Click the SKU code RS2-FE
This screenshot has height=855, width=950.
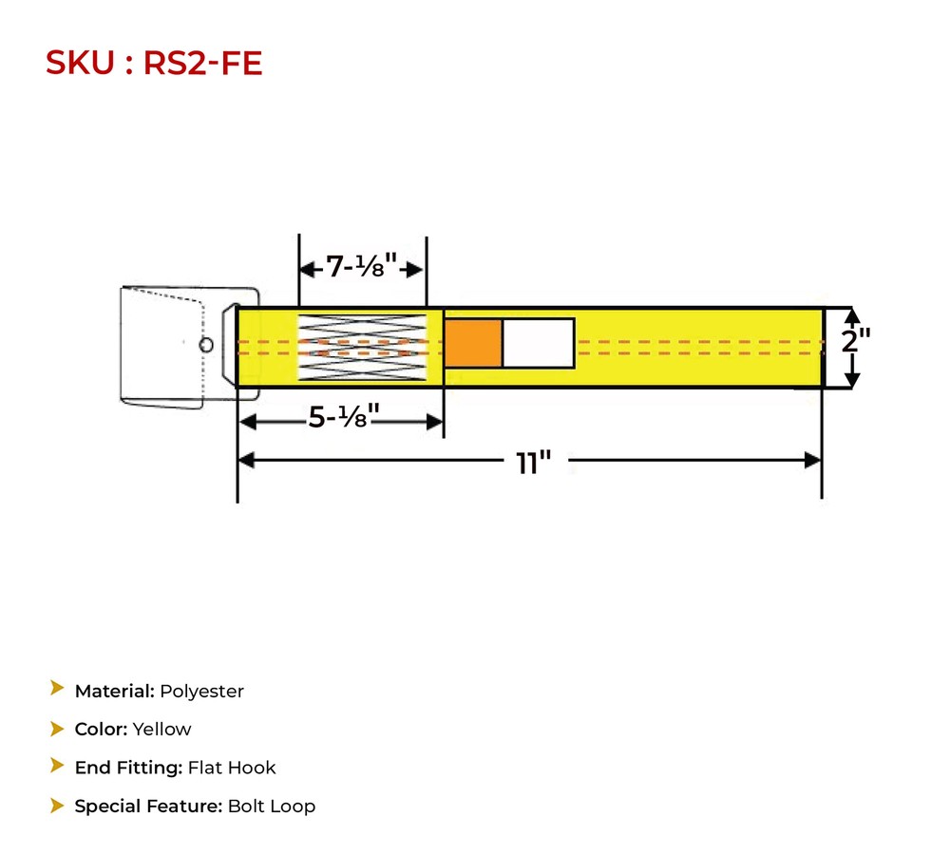[202, 63]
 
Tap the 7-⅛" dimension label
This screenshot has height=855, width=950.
[362, 268]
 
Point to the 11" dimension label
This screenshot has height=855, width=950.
[534, 463]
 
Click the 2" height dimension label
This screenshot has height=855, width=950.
[856, 340]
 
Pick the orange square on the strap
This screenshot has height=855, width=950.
[473, 343]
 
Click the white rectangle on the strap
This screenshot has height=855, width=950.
[538, 343]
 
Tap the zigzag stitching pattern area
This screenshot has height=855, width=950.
[362, 348]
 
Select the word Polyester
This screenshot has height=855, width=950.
[201, 692]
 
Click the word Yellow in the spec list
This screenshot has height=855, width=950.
[161, 730]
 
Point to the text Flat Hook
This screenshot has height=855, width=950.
[232, 768]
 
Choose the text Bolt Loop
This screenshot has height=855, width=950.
[272, 807]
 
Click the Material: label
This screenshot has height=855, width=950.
[114, 692]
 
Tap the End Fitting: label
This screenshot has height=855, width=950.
[128, 768]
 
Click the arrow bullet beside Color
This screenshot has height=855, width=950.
[57, 729]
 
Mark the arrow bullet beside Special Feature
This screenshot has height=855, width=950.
[57, 806]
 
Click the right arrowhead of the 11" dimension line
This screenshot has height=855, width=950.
[813, 461]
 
